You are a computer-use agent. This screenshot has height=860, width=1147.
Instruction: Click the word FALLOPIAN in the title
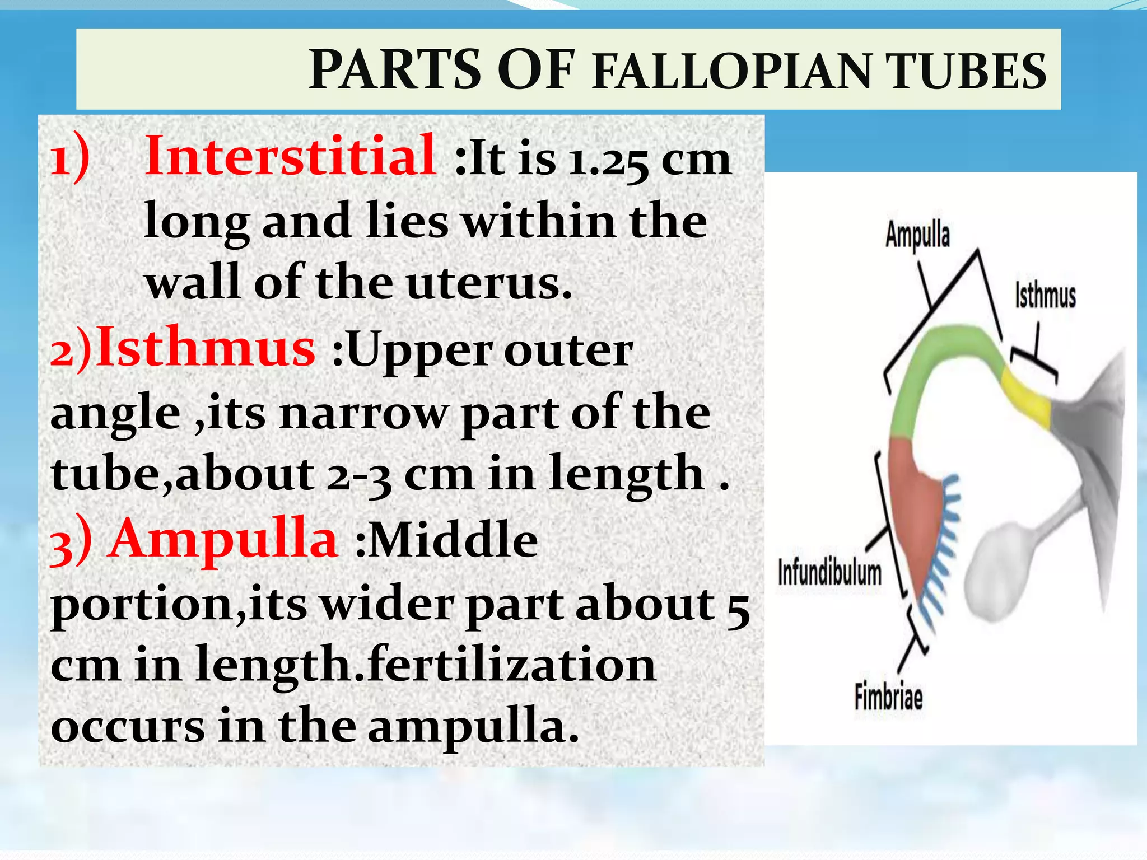tap(730, 72)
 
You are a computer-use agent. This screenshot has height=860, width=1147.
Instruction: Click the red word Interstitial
tap(290, 156)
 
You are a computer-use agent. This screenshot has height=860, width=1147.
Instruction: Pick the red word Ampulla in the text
tap(224, 539)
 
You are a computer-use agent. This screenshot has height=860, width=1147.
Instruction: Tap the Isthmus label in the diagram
tap(1045, 296)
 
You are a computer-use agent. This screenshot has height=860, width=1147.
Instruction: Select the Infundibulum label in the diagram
tap(829, 573)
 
